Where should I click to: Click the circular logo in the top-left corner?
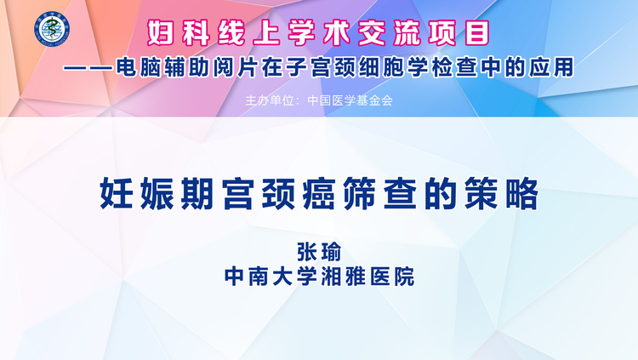52,29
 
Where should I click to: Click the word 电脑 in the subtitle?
139,67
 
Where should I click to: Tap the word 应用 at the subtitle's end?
551,67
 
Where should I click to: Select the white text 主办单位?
270,100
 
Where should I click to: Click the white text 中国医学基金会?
350,100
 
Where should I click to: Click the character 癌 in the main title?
319,193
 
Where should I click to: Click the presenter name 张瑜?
319,252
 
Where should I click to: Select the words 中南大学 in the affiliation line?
271,277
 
